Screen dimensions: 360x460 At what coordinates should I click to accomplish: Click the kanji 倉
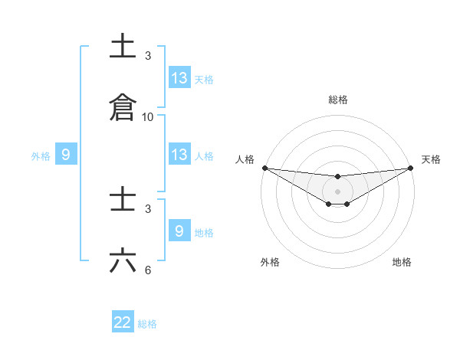click(123, 107)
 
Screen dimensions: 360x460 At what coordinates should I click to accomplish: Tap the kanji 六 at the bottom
click(123, 261)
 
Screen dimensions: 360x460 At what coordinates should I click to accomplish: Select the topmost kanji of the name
click(123, 46)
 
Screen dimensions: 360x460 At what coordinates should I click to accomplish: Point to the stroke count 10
click(148, 117)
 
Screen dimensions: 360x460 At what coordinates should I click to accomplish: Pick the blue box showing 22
click(123, 322)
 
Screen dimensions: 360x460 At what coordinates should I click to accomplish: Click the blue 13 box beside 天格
click(179, 78)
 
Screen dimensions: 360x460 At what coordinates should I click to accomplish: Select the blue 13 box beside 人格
click(179, 155)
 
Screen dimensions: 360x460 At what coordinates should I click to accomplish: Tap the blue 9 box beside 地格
click(179, 231)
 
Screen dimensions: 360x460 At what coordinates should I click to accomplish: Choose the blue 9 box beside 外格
click(66, 155)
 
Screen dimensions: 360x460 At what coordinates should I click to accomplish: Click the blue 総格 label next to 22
click(147, 324)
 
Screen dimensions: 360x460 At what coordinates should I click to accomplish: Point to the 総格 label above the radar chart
click(337, 100)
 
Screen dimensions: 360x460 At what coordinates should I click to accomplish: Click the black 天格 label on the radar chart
click(431, 159)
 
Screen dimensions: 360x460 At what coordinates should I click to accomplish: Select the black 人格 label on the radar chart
click(245, 159)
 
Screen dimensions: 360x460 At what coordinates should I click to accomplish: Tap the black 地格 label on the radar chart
click(402, 262)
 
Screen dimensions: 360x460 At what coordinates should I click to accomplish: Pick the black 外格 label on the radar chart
click(270, 262)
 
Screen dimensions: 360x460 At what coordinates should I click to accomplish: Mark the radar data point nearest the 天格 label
click(411, 168)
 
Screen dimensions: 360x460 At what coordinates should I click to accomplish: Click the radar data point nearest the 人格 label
click(264, 168)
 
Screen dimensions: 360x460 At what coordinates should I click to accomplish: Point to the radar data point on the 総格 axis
click(337, 177)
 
